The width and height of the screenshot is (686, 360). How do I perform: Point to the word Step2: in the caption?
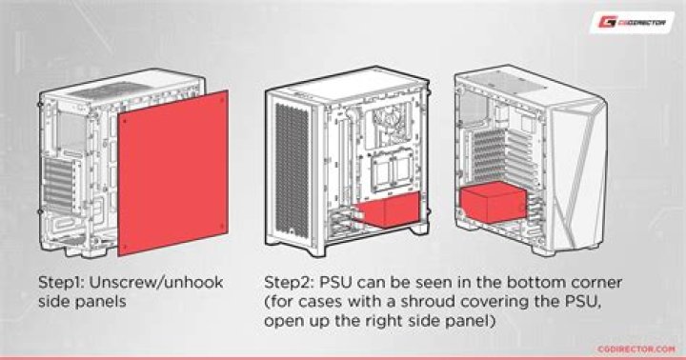291,283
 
